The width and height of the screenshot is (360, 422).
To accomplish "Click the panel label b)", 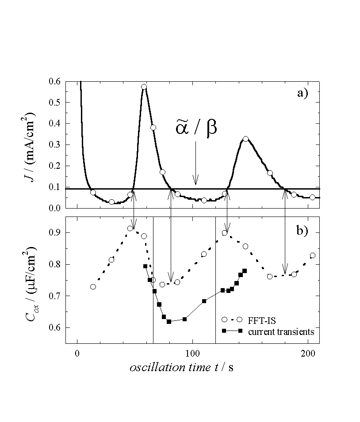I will (305, 231).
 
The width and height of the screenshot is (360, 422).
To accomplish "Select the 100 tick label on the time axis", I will (192, 354).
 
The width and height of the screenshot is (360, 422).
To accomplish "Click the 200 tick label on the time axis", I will (308, 354).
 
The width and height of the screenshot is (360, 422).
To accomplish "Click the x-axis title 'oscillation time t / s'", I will (182, 368).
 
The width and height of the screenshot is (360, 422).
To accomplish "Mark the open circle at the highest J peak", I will (144, 87).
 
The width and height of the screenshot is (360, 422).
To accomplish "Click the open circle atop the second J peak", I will (245, 139).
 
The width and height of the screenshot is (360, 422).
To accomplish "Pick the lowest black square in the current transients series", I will (169, 322).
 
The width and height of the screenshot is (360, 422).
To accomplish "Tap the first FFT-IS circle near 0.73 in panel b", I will (93, 287).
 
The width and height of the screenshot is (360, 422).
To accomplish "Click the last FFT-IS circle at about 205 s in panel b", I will (313, 255).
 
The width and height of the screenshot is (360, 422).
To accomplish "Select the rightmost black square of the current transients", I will (245, 270).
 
